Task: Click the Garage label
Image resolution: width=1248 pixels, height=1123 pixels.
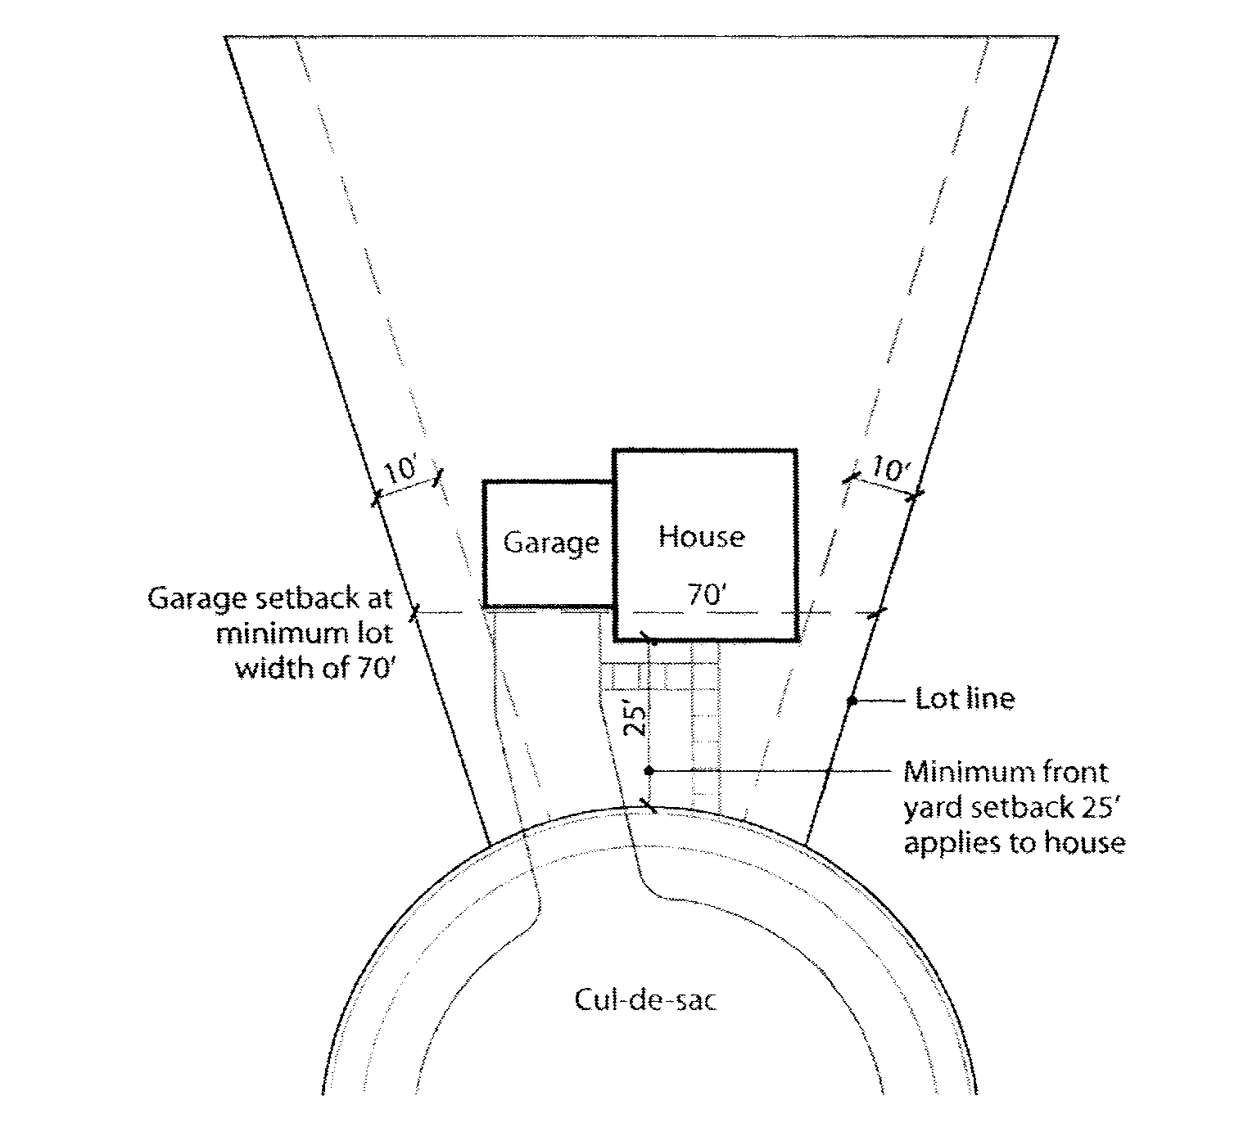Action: point(550,543)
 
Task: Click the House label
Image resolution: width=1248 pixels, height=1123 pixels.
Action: point(702,537)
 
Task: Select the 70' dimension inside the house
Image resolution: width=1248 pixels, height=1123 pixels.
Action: point(703,595)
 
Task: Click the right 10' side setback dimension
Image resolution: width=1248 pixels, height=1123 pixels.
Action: point(889,470)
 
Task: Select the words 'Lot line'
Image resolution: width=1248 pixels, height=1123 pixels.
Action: point(965,699)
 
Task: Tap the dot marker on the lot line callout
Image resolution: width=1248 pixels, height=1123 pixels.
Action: point(852,701)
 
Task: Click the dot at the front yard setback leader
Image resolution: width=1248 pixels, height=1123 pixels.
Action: point(649,770)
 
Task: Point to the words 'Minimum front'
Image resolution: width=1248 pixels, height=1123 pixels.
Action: point(1006,772)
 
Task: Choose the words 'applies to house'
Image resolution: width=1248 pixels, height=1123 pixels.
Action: point(1014,842)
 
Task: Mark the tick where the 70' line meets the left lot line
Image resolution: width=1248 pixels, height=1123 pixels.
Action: point(415,611)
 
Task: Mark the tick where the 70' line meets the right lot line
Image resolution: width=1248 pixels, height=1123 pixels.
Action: point(877,612)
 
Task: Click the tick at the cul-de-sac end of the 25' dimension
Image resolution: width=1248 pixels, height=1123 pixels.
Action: point(649,805)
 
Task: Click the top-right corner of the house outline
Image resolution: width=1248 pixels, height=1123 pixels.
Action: point(795,451)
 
